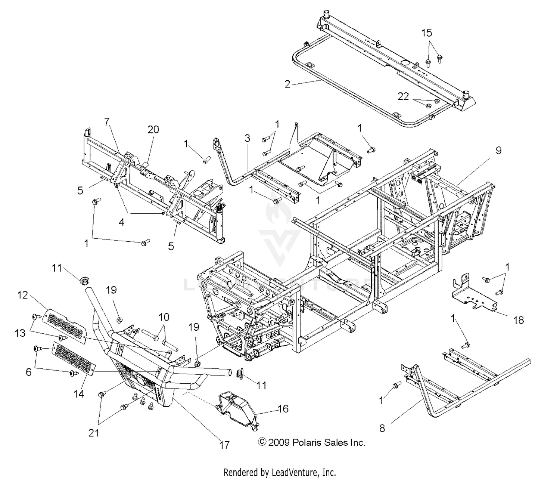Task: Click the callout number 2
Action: (x=287, y=84)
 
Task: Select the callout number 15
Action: (x=427, y=33)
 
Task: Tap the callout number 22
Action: (x=403, y=97)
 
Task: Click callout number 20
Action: (x=153, y=130)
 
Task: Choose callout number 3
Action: (x=247, y=138)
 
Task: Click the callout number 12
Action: (x=23, y=295)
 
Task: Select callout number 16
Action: (x=283, y=409)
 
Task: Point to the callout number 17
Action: (x=224, y=445)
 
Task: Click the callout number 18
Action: (x=519, y=320)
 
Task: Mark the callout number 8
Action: (x=382, y=428)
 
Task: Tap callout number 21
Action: (x=94, y=433)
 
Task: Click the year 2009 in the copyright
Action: (x=279, y=443)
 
